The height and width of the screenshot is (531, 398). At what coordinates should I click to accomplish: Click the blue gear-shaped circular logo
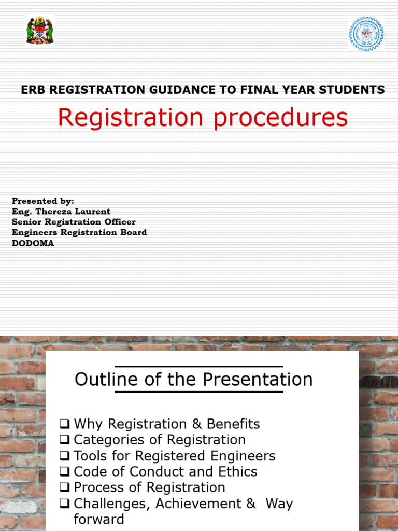366,34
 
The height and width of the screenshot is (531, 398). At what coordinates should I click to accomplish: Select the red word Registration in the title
130,118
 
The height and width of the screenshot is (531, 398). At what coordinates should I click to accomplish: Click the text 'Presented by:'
42,201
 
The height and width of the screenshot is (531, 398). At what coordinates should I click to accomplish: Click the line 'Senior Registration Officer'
74,222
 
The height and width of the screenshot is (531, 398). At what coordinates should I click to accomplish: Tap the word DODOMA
33,243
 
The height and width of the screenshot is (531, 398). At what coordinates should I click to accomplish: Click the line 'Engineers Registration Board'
79,232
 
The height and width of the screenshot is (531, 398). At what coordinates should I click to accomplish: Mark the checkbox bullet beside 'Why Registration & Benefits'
64,424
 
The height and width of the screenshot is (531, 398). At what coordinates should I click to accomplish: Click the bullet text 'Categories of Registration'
160,440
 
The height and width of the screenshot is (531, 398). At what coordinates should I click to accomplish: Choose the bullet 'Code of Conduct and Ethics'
165,471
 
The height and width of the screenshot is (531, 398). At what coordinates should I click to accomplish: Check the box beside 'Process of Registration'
64,488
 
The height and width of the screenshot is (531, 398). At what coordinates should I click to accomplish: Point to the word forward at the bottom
99,519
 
